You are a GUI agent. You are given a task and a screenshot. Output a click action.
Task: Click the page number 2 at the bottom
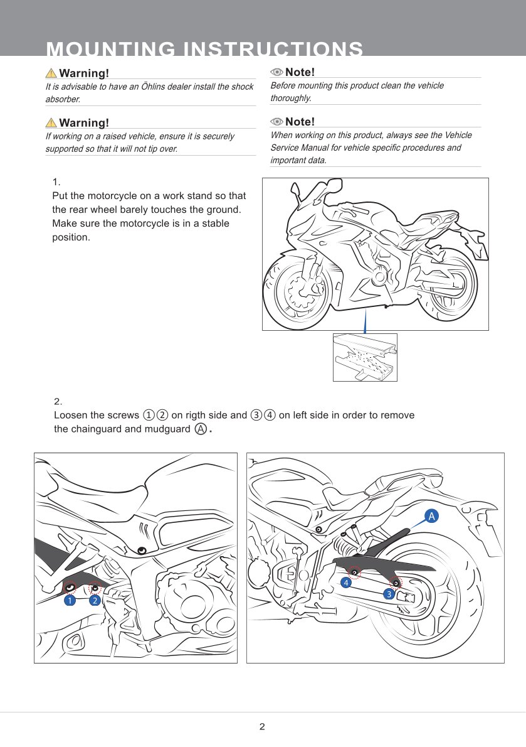[x=262, y=727]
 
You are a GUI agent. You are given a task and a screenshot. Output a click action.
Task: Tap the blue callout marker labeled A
[x=431, y=516]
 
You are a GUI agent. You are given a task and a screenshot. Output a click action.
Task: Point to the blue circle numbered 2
[x=94, y=600]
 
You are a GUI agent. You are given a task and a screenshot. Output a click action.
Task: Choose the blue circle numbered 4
[x=345, y=583]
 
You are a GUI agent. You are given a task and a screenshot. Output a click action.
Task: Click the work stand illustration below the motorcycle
[x=365, y=357]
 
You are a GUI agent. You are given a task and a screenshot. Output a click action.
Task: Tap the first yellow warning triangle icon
[x=51, y=73]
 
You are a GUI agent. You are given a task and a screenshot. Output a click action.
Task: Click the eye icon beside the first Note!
[x=276, y=72]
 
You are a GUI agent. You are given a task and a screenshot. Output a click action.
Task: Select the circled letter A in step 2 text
[x=200, y=429]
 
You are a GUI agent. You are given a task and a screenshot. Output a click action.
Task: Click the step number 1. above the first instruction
[x=56, y=182]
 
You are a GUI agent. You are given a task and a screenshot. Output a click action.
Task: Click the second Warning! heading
[x=84, y=122]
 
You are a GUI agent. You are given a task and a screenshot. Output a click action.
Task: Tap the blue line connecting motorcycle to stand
[x=366, y=320]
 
